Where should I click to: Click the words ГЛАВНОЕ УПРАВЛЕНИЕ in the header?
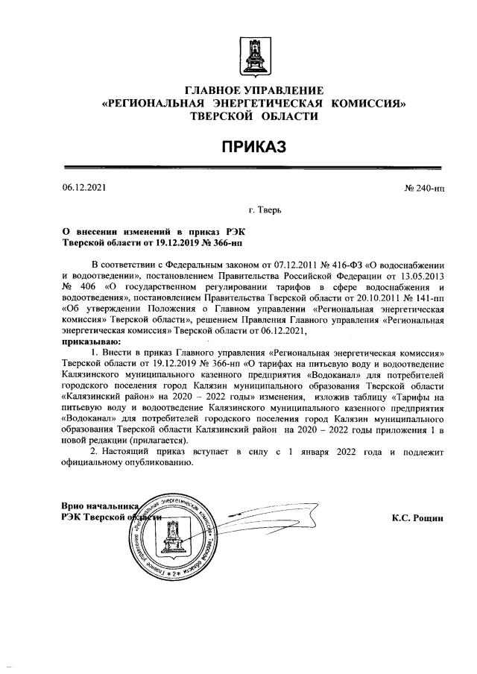tap(253, 90)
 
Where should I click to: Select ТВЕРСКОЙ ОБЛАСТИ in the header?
tap(253, 117)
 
